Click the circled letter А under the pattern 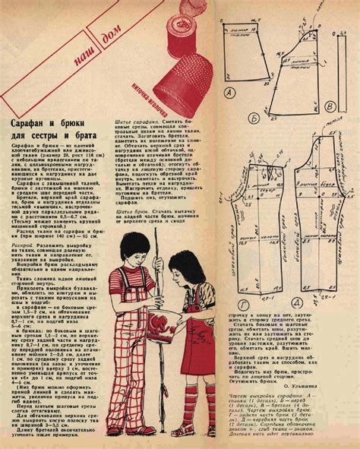pos(230,93)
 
